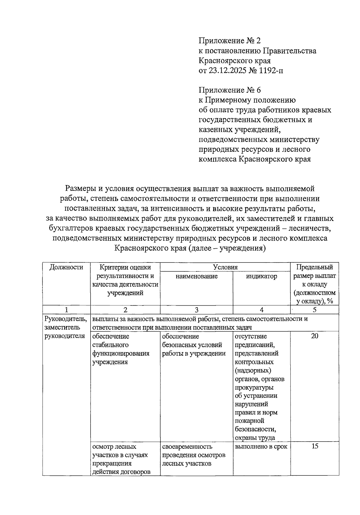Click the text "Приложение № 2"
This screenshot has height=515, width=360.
click(x=230, y=41)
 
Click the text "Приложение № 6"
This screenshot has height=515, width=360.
click(x=230, y=90)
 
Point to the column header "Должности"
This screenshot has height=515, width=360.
click(x=66, y=267)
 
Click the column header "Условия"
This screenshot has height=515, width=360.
click(x=225, y=267)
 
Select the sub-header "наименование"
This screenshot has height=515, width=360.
click(x=196, y=276)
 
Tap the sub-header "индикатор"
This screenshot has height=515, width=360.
click(x=261, y=276)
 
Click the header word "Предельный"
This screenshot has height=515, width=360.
click(x=314, y=267)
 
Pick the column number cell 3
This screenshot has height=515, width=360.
click(x=196, y=310)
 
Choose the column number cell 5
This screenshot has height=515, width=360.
click(x=314, y=310)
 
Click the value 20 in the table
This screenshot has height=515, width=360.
click(x=314, y=336)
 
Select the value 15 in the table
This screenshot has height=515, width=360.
click(x=314, y=446)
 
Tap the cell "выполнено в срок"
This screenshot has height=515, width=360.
click(x=261, y=447)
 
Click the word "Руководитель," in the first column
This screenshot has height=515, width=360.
click(x=66, y=319)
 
